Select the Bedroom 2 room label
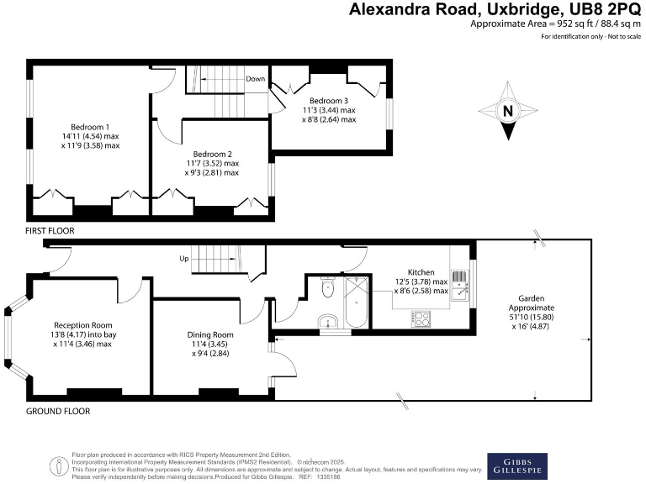click(x=212, y=154)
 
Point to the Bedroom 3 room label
click(x=329, y=99)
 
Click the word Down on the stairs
click(x=256, y=79)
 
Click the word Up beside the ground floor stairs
click(x=183, y=259)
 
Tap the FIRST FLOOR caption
click(x=50, y=229)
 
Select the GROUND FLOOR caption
click(x=58, y=411)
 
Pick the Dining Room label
click(x=210, y=334)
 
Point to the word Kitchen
click(x=421, y=272)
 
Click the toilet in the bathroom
click(x=327, y=289)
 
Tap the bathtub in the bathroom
click(x=356, y=302)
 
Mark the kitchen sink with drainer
click(x=458, y=286)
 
